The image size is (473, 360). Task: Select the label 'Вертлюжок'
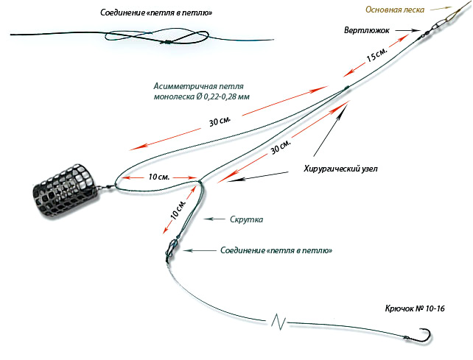(x=365, y=30)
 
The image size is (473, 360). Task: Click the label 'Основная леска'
(x=395, y=10)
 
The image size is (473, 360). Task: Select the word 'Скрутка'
(x=246, y=219)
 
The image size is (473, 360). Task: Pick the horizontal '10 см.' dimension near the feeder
(x=158, y=177)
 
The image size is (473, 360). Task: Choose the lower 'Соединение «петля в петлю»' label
(x=276, y=251)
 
